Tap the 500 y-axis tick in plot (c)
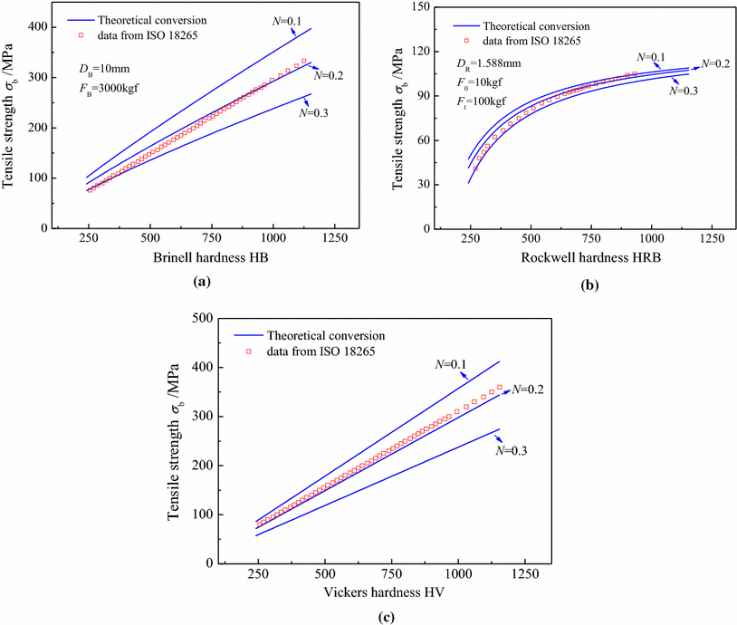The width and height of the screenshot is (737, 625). click(x=207, y=319)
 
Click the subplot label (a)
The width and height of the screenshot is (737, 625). click(x=203, y=283)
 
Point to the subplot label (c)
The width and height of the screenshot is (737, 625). click(x=378, y=618)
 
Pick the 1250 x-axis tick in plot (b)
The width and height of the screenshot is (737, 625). click(x=712, y=237)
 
